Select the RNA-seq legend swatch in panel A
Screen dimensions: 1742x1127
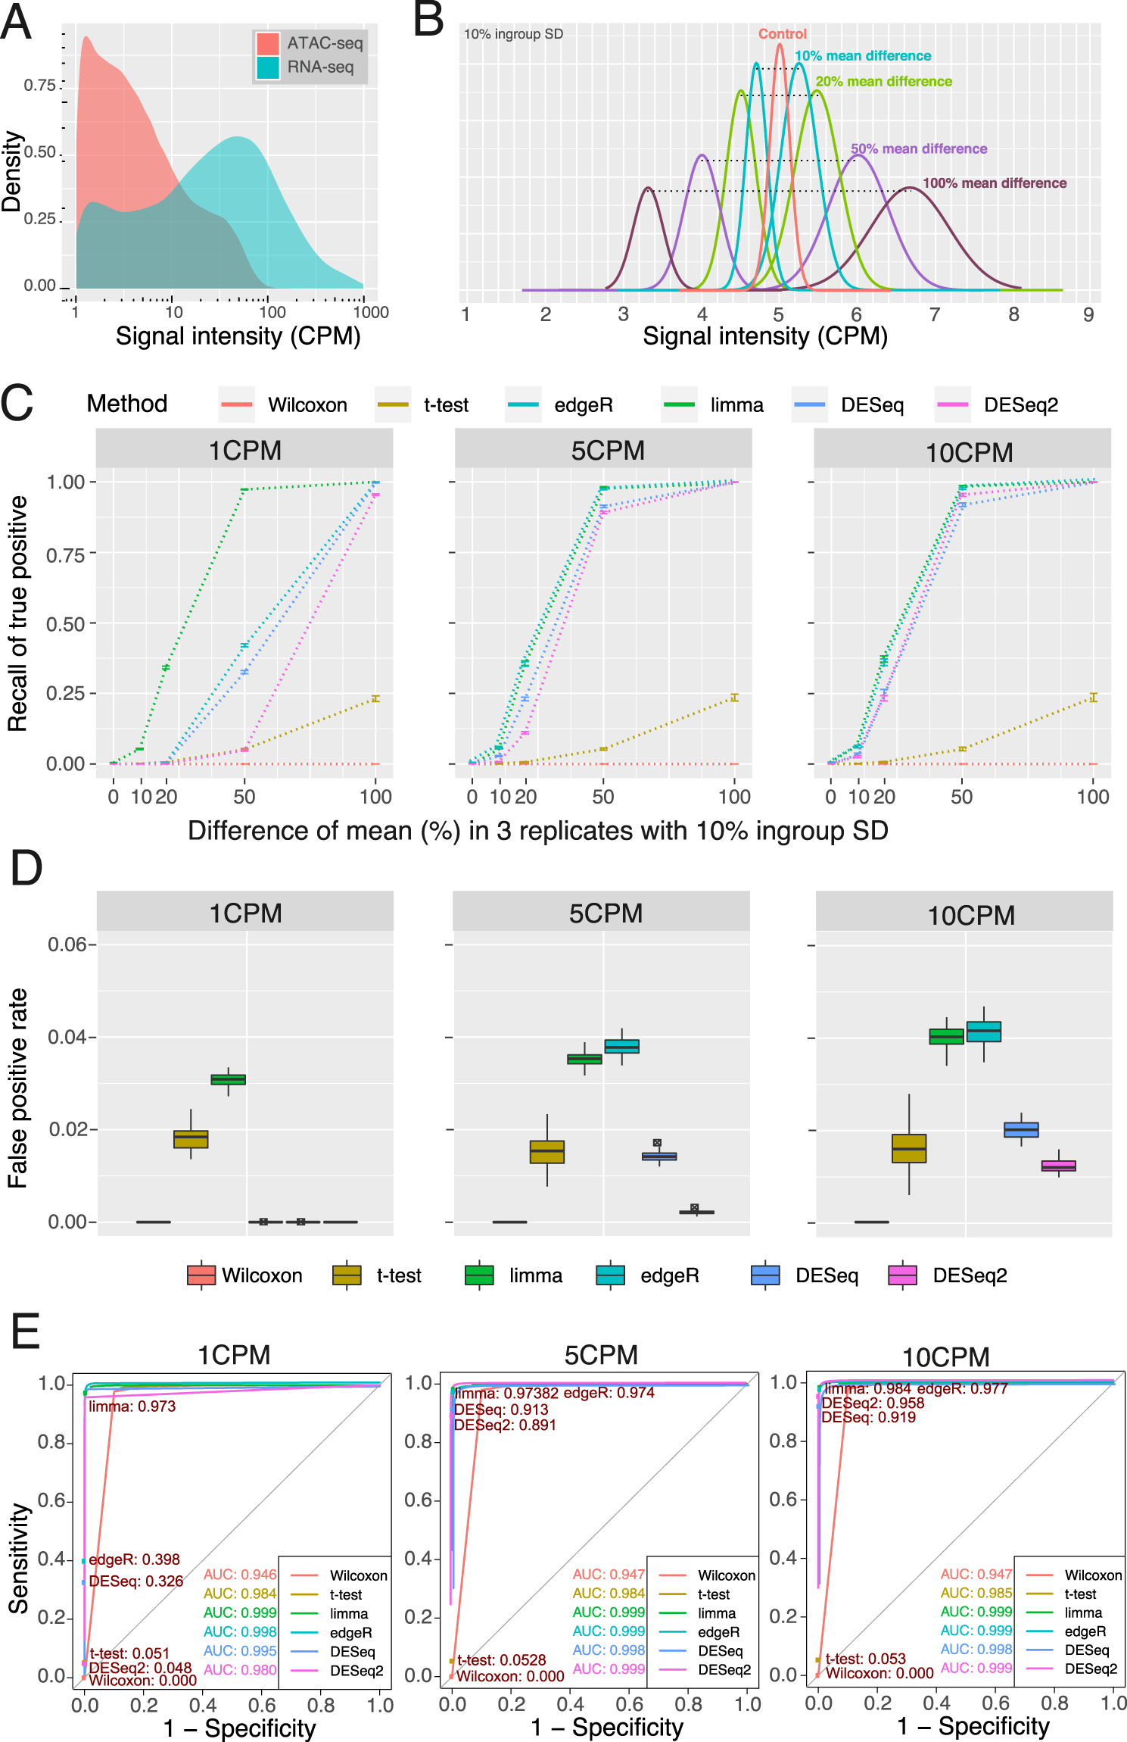[269, 67]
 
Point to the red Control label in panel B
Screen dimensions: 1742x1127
[783, 34]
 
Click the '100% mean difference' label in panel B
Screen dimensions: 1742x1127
[994, 183]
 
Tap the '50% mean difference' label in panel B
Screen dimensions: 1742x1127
[918, 149]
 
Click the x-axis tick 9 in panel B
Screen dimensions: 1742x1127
[1088, 315]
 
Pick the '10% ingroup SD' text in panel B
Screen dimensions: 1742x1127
[513, 34]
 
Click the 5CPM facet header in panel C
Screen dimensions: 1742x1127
[607, 451]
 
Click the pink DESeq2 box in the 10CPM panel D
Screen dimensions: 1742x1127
[1058, 1166]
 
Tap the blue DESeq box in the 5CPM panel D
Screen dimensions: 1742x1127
[659, 1156]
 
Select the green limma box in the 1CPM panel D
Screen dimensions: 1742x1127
[229, 1079]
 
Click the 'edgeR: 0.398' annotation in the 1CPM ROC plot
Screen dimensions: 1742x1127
[134, 1559]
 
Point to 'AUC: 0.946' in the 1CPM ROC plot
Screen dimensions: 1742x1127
[240, 1575]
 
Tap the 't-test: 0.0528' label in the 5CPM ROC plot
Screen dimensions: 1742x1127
[501, 1660]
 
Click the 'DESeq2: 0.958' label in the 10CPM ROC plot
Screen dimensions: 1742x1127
[873, 1403]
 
